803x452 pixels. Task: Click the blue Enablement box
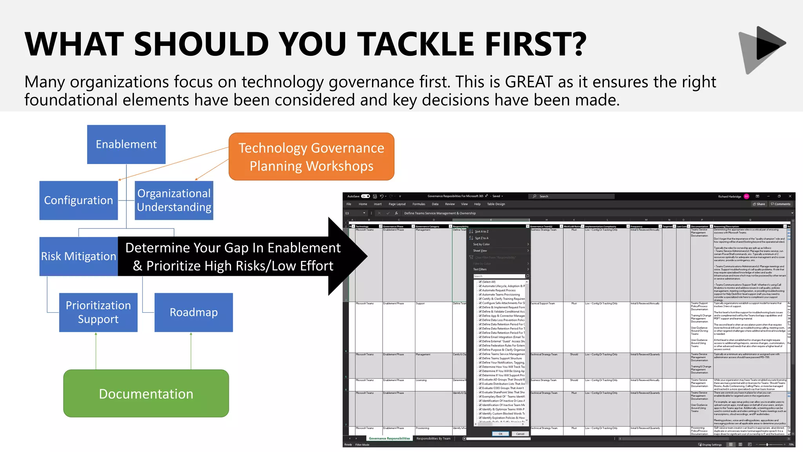coord(126,144)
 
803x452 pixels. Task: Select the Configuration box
coord(78,200)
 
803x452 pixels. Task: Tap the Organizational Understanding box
coord(174,200)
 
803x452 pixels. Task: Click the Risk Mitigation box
coord(78,256)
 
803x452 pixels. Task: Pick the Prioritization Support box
coord(98,312)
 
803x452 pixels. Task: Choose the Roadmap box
coord(193,312)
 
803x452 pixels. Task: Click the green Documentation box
coord(146,394)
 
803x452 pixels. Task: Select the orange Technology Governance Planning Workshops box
coord(311,157)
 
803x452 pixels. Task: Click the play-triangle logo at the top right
coord(763,49)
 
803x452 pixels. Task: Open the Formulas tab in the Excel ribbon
coord(419,204)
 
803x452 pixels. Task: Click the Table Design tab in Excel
coord(496,204)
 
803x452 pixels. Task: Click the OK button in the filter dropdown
coord(500,434)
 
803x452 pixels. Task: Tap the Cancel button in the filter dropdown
coord(520,434)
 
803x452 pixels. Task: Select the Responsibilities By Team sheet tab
coord(433,439)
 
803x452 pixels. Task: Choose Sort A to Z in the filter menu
coord(481,231)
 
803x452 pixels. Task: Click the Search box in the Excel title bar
coord(572,196)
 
